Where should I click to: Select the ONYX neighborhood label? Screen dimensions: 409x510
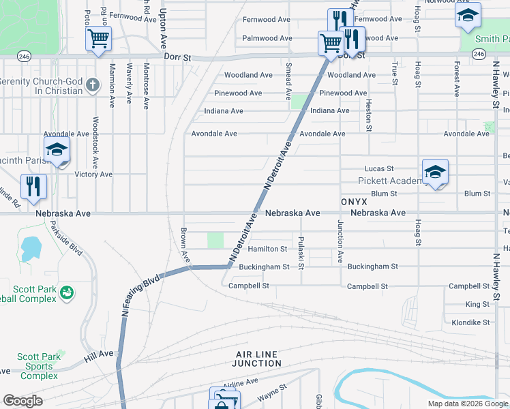point(354,202)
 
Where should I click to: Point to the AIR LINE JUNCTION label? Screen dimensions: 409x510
point(258,359)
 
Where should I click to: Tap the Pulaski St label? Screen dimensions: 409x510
point(301,252)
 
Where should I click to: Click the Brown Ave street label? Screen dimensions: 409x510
point(184,245)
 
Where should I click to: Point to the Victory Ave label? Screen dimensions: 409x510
point(93,175)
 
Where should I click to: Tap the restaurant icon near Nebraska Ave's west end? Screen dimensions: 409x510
point(33,185)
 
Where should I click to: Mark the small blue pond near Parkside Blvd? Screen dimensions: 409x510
point(30,248)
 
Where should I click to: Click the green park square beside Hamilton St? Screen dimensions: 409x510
point(215,241)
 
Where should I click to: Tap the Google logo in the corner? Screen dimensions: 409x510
point(23,401)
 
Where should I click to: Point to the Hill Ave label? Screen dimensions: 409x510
point(100,354)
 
